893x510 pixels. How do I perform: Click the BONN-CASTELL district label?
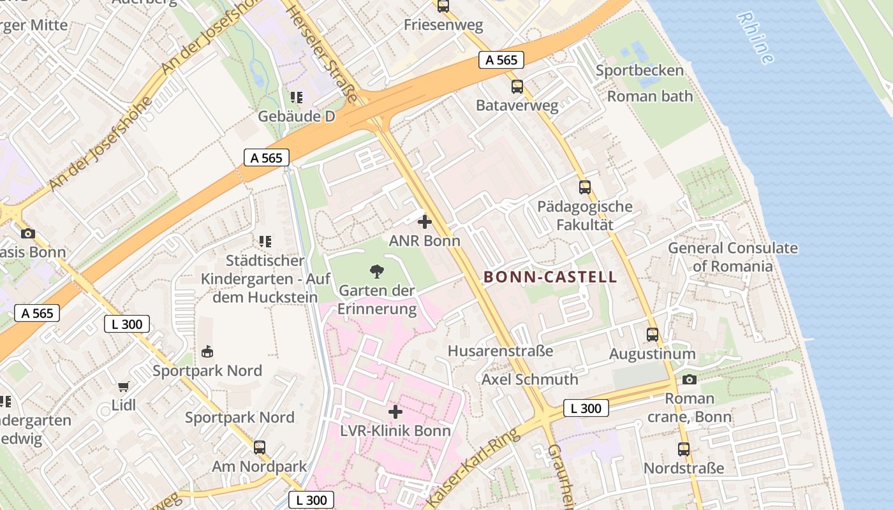pos(550,277)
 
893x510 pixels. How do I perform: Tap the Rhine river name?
pos(756,38)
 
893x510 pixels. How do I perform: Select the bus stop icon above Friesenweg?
pos(443,6)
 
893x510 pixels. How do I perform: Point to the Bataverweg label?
pos(517,106)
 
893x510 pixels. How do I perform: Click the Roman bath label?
pos(649,96)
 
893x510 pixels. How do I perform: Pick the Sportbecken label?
pos(639,71)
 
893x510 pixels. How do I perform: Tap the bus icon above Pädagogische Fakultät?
pos(584,187)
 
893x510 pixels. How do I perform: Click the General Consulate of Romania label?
pos(732,257)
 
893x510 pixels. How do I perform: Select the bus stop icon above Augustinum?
pos(652,335)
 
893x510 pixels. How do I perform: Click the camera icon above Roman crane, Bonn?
pos(689,380)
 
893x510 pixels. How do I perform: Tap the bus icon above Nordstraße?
pos(684,449)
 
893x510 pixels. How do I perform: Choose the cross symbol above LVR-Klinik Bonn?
pos(395,412)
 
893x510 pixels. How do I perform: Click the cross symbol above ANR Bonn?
pos(424,222)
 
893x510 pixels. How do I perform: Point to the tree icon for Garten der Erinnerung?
pos(377,272)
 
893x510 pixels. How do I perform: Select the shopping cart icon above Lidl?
pos(124,386)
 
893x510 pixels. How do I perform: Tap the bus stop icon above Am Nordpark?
pos(259,448)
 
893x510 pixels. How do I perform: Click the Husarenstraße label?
pos(500,351)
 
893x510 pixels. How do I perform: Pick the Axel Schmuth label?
pos(529,379)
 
